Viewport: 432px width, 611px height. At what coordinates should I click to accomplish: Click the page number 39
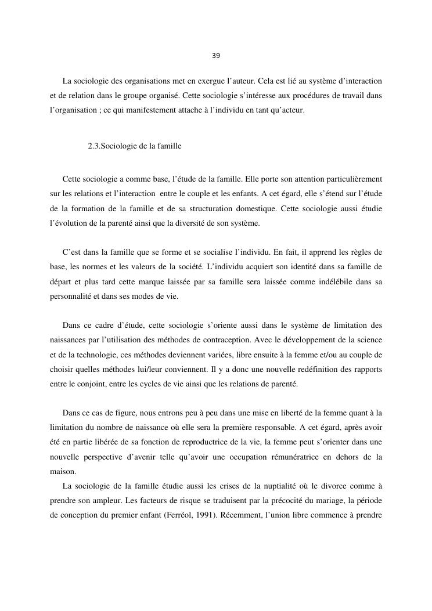(x=215, y=56)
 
